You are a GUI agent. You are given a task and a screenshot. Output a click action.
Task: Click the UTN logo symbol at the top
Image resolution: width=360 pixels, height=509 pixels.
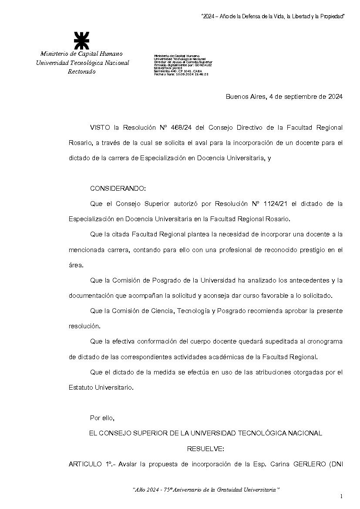81,40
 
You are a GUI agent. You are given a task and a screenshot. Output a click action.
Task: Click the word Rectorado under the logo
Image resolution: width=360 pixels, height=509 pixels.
81,72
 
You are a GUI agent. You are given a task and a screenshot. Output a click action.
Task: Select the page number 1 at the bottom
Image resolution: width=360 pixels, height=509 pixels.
341,496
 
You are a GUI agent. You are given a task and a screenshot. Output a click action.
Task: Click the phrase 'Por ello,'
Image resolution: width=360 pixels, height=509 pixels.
102,418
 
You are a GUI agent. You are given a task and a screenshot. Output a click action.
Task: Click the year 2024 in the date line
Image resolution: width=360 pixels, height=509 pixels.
333,97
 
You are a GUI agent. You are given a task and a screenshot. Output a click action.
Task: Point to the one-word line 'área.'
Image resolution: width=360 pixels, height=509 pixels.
76,265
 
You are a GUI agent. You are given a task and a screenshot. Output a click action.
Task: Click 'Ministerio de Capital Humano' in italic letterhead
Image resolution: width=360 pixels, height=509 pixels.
81,54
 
